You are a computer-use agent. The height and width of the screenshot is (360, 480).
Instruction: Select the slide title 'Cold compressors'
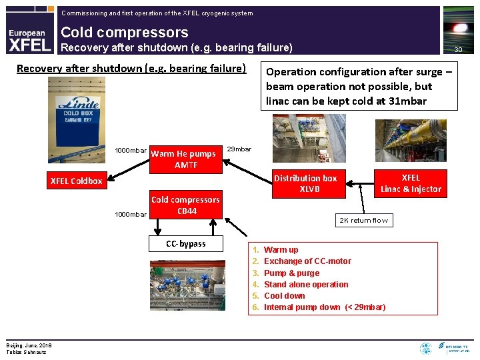(x=125, y=32)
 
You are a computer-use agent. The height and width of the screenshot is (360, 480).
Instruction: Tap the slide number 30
(x=458, y=50)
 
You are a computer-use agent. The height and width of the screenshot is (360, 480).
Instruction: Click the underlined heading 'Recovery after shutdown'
(x=131, y=69)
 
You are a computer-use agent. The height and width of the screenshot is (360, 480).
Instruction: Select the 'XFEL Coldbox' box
(x=77, y=181)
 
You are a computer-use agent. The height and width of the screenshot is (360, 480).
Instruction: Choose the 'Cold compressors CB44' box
(x=185, y=205)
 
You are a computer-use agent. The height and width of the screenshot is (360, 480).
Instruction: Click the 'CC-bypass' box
(x=186, y=243)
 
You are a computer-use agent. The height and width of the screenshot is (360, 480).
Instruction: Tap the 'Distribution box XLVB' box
(x=305, y=183)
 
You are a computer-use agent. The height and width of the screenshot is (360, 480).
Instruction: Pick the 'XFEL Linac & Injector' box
(x=411, y=183)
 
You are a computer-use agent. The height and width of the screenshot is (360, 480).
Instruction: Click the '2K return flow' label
(x=363, y=220)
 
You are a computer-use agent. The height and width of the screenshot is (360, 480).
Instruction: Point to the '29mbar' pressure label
(x=239, y=149)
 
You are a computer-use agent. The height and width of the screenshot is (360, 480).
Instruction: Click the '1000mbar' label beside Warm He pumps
(x=131, y=150)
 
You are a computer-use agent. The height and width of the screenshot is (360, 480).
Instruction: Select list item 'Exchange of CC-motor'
(x=307, y=261)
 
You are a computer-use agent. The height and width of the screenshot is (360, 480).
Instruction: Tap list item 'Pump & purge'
(x=291, y=273)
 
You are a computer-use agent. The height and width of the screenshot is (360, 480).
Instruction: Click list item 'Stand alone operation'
(x=306, y=284)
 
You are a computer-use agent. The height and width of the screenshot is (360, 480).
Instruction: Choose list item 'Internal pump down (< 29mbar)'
(x=325, y=307)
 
